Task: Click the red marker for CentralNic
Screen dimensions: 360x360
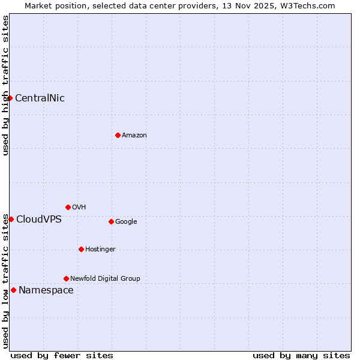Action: coord(10,98)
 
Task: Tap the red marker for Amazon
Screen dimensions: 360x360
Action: coord(118,135)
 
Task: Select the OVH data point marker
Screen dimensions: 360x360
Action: coord(68,207)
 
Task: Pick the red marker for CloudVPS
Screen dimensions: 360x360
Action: coord(11,219)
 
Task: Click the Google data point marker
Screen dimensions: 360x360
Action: coord(111,221)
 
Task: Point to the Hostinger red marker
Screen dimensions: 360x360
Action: coord(81,249)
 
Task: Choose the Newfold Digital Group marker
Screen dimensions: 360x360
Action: coord(66,278)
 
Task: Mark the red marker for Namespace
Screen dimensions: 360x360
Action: coord(13,290)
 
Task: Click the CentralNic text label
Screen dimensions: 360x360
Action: coord(40,98)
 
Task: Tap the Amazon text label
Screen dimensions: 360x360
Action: coord(134,136)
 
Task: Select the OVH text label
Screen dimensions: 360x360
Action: coord(79,208)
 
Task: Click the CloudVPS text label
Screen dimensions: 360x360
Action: coord(39,220)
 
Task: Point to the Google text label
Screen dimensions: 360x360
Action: coord(126,222)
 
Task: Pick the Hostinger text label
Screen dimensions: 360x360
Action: coord(100,250)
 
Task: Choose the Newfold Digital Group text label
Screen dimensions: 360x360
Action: coord(105,279)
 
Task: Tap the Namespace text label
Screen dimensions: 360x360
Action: coord(46,290)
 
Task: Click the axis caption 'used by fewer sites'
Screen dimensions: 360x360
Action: coord(62,356)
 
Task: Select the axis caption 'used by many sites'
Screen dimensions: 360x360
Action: coord(301,356)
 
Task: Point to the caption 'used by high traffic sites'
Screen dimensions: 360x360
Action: coord(5,85)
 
